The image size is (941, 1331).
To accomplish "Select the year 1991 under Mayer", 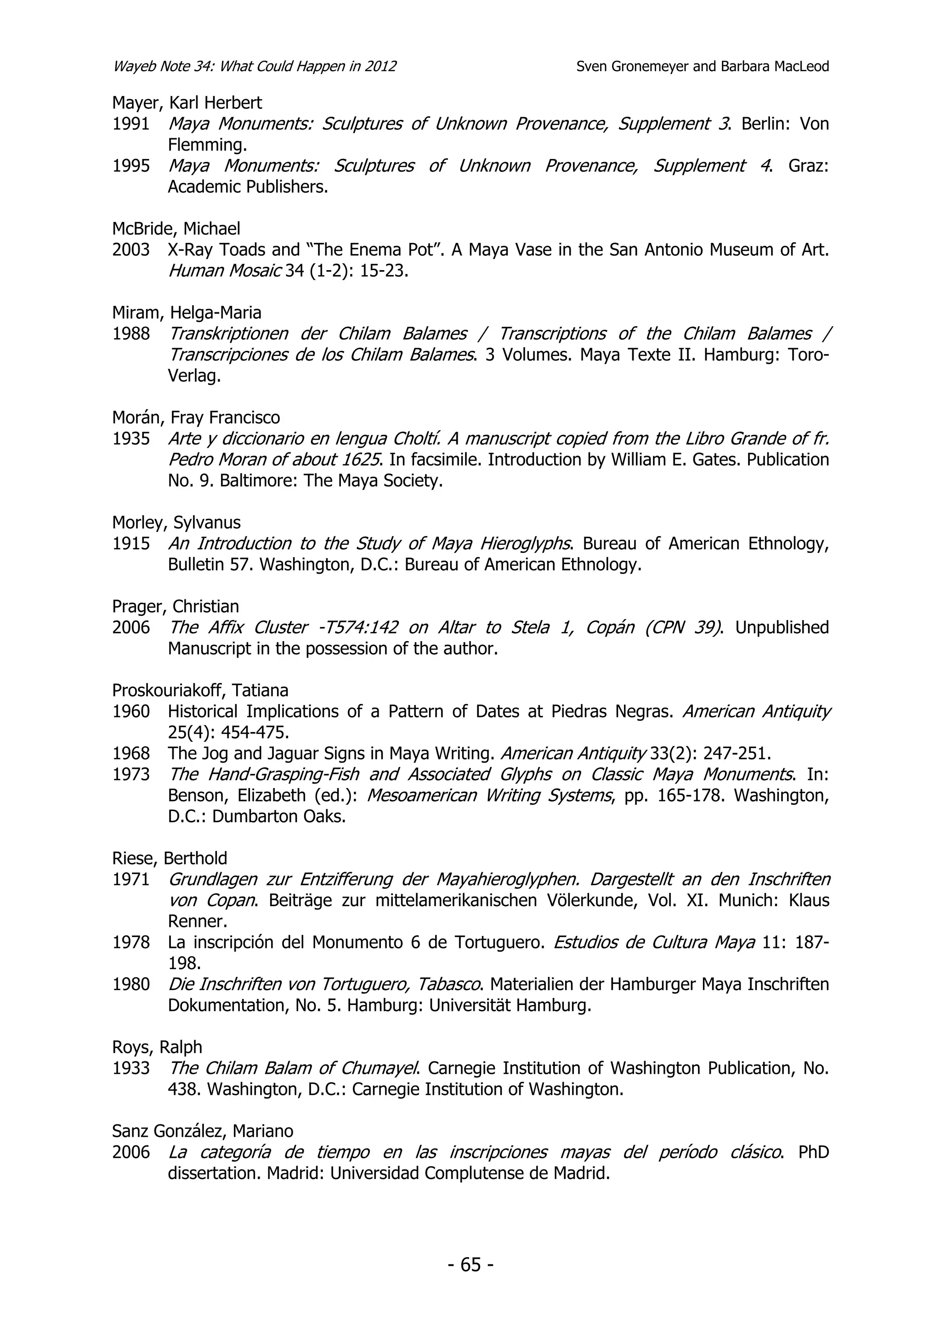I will click(131, 124).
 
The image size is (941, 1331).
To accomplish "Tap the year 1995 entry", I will click(131, 166).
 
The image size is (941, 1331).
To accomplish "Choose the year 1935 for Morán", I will click(131, 439).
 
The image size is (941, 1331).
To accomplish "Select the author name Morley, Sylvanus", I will click(176, 523).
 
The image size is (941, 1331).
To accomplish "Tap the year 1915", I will click(131, 544).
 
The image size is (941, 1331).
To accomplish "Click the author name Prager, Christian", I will click(176, 606).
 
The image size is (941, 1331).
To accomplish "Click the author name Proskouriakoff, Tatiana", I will click(200, 690).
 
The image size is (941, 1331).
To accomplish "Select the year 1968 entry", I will click(131, 754).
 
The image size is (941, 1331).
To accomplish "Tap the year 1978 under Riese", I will click(131, 942).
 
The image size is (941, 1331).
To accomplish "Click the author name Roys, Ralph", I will click(157, 1048).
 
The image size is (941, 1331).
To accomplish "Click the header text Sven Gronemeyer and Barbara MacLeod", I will click(702, 67).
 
